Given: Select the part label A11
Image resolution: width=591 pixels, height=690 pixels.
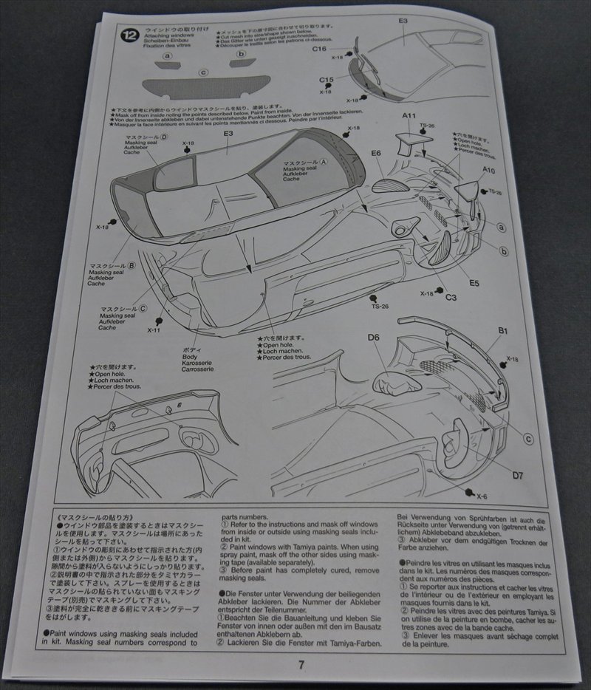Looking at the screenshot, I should [x=410, y=116].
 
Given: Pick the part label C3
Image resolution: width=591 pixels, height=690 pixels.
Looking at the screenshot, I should [x=451, y=296].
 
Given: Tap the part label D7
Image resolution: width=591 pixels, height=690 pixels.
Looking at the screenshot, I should [x=516, y=476].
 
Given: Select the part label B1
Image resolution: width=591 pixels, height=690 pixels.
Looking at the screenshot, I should [x=502, y=332].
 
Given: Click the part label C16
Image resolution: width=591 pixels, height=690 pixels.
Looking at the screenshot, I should [x=319, y=49].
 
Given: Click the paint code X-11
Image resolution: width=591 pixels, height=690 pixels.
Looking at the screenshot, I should [x=154, y=330].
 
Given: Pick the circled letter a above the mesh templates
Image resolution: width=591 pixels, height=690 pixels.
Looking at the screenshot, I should [x=168, y=55].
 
